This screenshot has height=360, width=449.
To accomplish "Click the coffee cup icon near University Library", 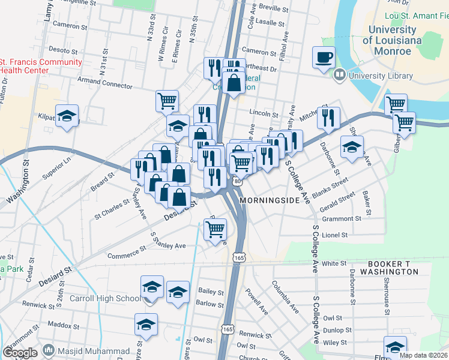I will [x=324, y=58].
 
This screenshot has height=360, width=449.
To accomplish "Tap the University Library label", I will [x=381, y=76].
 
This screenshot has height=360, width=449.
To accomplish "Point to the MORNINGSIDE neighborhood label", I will [x=269, y=200].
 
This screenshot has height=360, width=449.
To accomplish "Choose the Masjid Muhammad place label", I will [x=92, y=351].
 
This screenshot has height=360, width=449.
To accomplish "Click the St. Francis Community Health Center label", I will [x=41, y=66].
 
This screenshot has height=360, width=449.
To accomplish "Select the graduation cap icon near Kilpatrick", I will [x=67, y=116].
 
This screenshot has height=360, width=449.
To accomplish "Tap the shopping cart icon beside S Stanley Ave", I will [x=215, y=229].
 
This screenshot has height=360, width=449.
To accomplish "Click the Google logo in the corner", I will [x=20, y=352].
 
